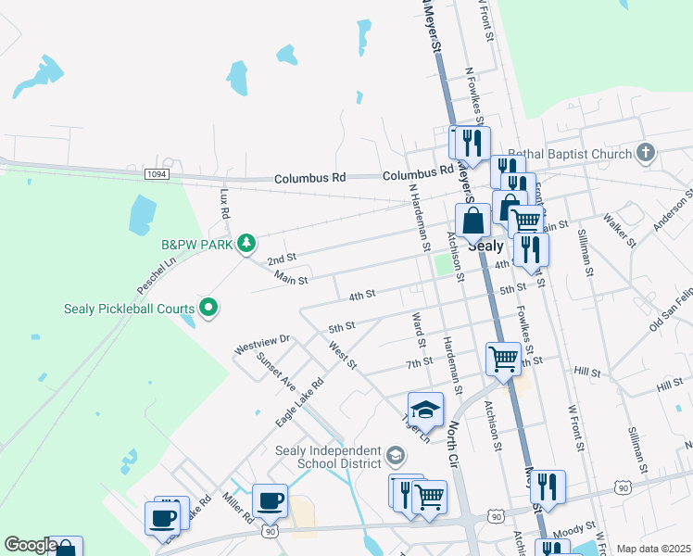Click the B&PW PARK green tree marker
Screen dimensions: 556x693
(x=246, y=244)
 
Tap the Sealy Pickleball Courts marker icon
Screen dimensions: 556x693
(x=208, y=309)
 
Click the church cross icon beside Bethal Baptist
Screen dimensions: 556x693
(x=646, y=153)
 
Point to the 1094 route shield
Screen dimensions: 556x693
(x=157, y=173)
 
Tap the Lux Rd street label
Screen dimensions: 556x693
(x=224, y=204)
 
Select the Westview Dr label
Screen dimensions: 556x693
(x=262, y=346)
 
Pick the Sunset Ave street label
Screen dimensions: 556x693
(x=275, y=370)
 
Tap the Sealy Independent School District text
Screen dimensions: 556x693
(x=329, y=457)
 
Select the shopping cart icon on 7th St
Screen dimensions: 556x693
(x=503, y=357)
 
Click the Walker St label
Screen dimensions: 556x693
(x=619, y=230)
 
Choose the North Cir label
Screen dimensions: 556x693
(x=455, y=436)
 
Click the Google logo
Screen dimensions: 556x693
(x=31, y=545)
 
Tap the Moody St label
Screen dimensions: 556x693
(x=575, y=528)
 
